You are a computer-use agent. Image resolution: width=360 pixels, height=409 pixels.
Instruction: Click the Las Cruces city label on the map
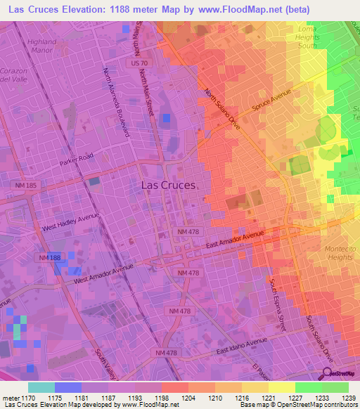pyautogui.click(x=169, y=185)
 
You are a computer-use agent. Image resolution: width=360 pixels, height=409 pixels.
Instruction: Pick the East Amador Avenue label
pyautogui.click(x=234, y=240)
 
